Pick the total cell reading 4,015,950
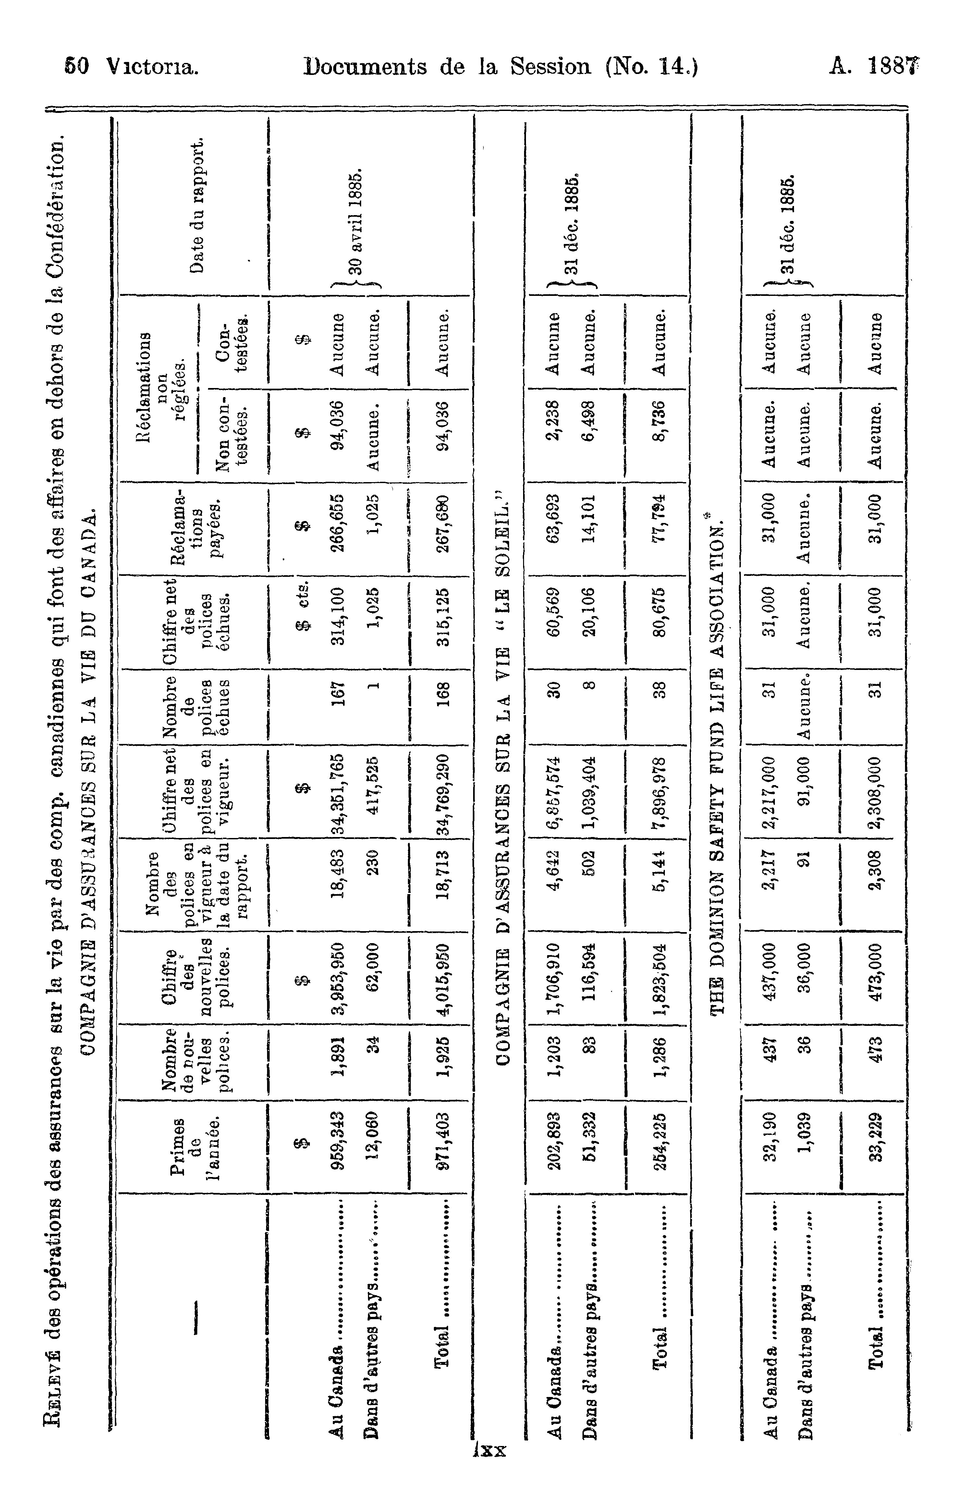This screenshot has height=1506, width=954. pyautogui.click(x=444, y=978)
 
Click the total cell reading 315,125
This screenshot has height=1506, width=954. pyautogui.click(x=444, y=622)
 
